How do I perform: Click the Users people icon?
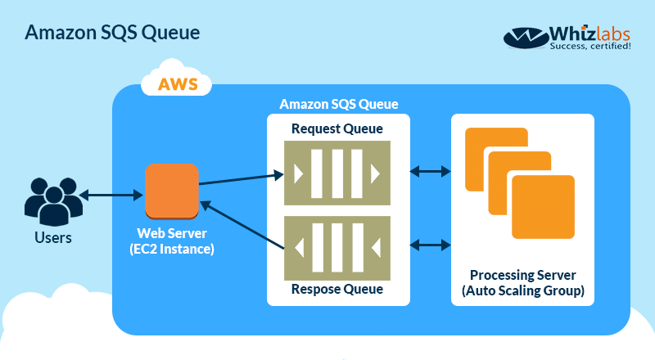pos(52,198)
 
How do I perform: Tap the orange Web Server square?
pos(172,191)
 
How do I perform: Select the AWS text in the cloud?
pos(178,84)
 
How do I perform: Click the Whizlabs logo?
pos(568,37)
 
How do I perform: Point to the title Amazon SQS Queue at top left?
pos(112,33)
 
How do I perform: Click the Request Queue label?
pos(337,128)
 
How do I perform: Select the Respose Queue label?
pos(337,289)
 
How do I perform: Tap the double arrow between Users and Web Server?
pos(111,195)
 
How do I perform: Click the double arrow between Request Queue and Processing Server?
pos(430,172)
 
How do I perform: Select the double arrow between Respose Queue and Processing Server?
pos(430,244)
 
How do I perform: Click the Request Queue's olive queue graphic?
pos(337,173)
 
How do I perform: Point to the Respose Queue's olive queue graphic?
pos(337,245)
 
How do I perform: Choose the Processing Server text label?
pos(523,274)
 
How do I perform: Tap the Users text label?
pos(52,238)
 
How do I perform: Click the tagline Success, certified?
pos(591,47)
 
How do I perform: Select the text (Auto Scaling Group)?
pos(523,290)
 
